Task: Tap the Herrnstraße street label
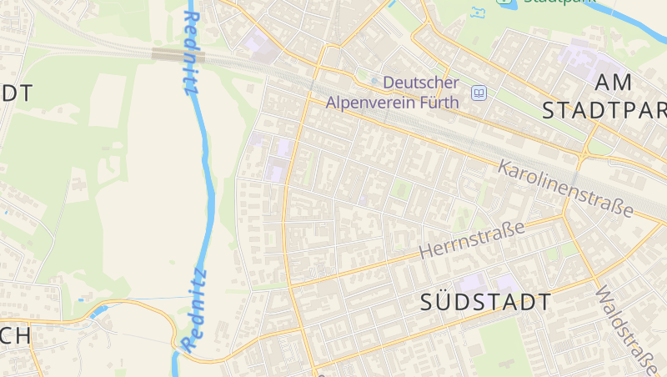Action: coord(472,239)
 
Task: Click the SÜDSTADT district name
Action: coord(486,302)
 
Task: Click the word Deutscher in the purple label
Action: coord(421,83)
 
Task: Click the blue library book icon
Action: coord(479,93)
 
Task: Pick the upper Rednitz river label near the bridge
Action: coord(190,52)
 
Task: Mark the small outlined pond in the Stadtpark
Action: coord(478,13)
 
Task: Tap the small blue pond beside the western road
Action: coord(99,312)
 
